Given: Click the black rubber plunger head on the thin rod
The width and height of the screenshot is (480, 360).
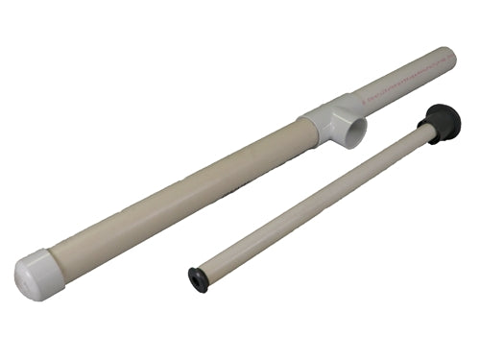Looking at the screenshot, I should [x=443, y=123].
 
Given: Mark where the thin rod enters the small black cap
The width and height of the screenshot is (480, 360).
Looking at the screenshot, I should [x=204, y=275].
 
